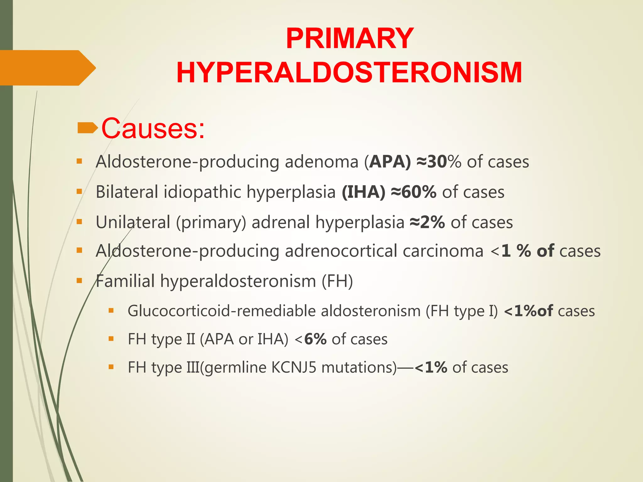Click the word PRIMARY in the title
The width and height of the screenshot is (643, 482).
(349, 39)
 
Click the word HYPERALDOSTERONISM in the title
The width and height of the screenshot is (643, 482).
(349, 73)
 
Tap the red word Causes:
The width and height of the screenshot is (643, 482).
(153, 128)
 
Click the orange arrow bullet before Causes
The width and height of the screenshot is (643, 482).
(87, 128)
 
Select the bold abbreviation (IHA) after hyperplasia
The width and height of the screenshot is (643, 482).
(363, 192)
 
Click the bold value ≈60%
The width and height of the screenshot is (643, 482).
(413, 192)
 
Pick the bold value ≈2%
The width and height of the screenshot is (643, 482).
(427, 222)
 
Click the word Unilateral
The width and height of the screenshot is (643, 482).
(133, 222)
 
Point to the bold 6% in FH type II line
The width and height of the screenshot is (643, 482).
(315, 339)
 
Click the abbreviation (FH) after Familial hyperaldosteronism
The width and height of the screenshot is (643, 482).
(337, 281)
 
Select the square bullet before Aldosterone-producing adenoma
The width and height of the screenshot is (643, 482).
(79, 162)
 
